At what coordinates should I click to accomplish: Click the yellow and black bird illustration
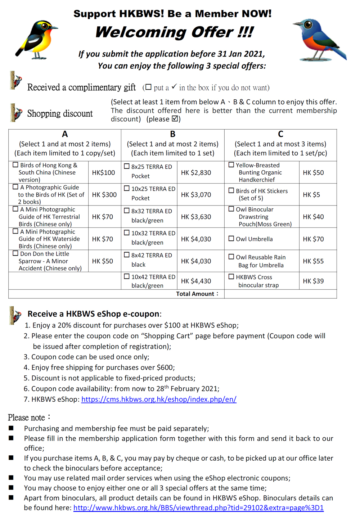point(36,40)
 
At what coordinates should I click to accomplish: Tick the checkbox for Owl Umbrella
point(231,238)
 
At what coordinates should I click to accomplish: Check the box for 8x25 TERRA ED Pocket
point(127,166)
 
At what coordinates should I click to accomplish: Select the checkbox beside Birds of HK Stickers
point(231,190)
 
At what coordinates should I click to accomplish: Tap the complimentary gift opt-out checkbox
point(148,87)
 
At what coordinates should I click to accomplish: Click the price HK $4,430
point(196,281)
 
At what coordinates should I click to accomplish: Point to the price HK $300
point(104,195)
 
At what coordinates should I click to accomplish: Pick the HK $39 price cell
point(313,281)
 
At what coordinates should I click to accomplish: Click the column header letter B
point(173,134)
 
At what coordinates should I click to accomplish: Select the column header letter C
point(280,134)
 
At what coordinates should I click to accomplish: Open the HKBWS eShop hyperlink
point(159,399)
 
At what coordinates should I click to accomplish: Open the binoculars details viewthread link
point(198,508)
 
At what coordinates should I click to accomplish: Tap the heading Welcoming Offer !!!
point(175,32)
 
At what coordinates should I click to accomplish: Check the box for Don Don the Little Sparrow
point(15,253)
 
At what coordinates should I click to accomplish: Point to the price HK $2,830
point(196,173)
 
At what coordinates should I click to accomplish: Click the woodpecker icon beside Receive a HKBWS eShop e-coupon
point(15,315)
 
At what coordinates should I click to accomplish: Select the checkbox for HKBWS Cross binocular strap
point(231,277)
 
